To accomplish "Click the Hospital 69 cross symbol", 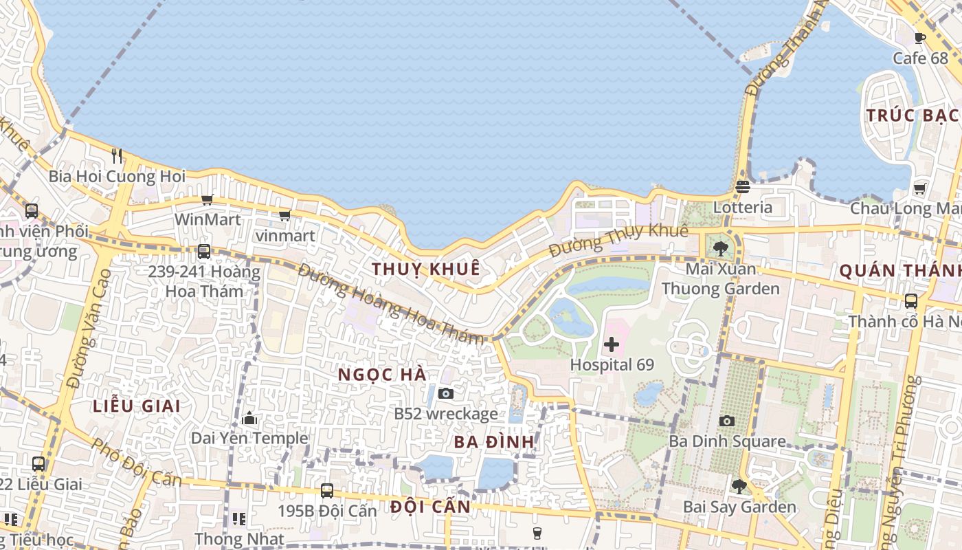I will coord(611,344).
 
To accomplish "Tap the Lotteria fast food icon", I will coord(742,186).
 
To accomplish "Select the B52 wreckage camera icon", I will coord(446,393).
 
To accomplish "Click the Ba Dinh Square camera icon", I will coord(726,421).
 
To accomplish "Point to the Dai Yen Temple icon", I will coord(249,418).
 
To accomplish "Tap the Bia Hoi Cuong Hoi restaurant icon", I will coord(117,156).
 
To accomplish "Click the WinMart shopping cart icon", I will coord(207,199).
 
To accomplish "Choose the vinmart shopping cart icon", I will coord(284,216).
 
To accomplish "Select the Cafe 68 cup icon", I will coord(920,38).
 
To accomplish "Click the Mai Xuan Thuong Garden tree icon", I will coord(720,248).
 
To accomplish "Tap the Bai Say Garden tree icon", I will coord(739,487).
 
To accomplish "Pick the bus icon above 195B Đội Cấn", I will coord(327,491).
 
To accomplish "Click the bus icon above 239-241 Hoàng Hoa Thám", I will coord(203,252).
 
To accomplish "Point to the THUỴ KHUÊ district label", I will coord(426,269).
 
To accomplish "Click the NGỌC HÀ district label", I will coord(383,375).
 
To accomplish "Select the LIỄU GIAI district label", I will coord(137,406).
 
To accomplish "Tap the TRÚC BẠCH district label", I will coord(911,115).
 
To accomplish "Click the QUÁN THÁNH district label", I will coord(900,271).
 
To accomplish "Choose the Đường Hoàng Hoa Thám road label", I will coord(392,302).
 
